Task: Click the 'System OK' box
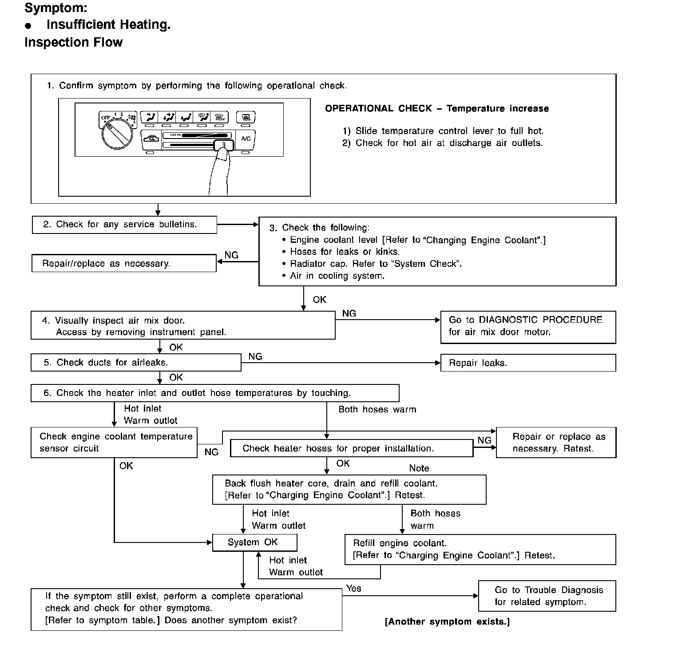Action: point(254,542)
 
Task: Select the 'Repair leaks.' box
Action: point(528,363)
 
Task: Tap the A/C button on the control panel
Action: point(246,139)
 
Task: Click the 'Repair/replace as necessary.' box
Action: point(124,263)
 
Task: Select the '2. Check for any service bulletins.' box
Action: point(124,225)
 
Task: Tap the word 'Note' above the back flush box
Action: point(419,468)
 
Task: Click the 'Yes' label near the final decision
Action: point(353,589)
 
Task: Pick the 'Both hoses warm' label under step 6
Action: point(377,409)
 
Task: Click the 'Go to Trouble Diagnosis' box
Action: point(547,596)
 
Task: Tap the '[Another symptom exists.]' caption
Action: point(447,621)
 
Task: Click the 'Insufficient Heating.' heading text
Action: point(108,24)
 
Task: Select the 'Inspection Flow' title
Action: point(74,42)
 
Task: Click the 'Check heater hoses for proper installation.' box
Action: point(352,448)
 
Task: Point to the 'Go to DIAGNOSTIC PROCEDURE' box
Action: point(528,327)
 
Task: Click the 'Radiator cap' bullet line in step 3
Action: point(376,264)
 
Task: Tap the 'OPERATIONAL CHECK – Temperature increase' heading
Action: point(437,109)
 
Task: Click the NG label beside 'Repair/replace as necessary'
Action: point(231,255)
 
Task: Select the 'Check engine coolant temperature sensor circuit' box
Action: point(114,443)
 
